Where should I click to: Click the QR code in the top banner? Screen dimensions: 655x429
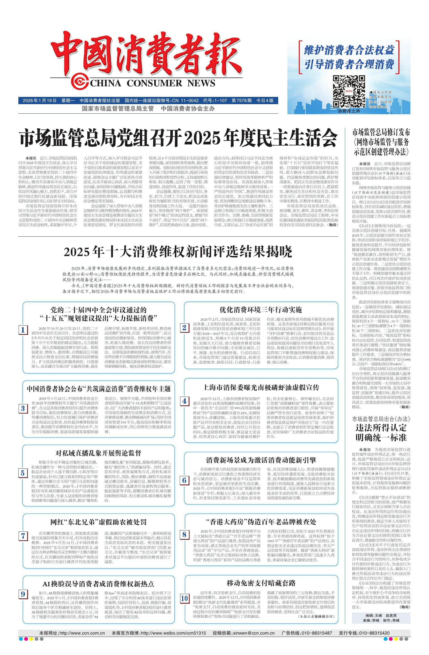(x=349, y=91)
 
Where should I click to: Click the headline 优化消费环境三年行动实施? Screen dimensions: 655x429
(x=260, y=310)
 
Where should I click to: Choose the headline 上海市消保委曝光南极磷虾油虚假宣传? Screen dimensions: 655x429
(x=261, y=388)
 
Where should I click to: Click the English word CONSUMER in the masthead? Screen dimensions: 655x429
(x=154, y=83)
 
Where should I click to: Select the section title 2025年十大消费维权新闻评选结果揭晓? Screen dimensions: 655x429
(x=178, y=252)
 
